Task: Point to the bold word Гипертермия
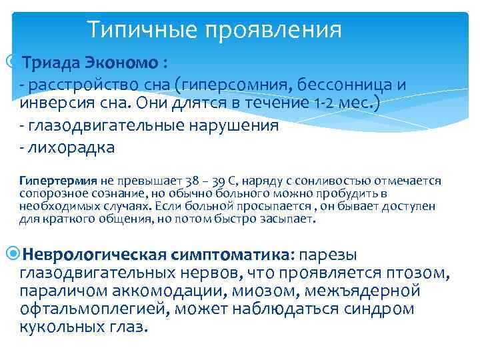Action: click(58, 180)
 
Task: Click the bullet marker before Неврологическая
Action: click(15, 254)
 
